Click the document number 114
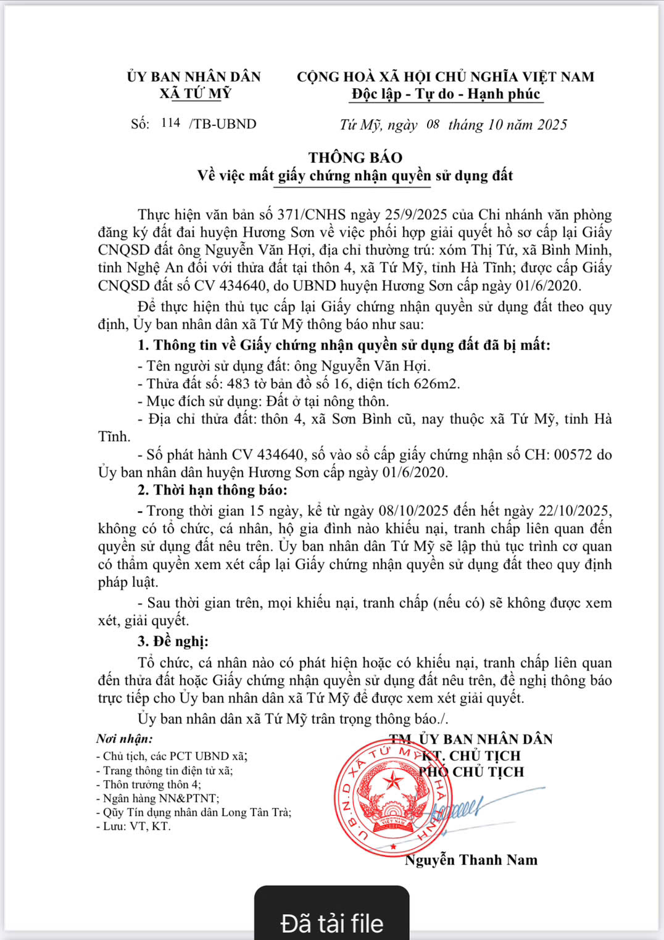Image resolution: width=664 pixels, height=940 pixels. coord(170,123)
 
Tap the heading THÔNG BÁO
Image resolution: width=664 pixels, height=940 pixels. coord(355,157)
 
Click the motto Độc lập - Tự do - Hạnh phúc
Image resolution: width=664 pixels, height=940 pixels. coord(446,94)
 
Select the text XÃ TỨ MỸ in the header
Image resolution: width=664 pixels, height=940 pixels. coord(195,93)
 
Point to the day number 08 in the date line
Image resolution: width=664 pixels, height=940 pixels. coord(433,124)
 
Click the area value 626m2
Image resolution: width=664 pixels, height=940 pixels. coord(436,384)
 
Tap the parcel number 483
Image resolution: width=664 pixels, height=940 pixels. coord(238,384)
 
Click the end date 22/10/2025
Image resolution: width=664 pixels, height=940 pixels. coord(574,511)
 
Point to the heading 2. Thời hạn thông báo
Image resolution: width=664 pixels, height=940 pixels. coord(212,490)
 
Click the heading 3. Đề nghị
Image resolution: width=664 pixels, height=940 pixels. coord(173,641)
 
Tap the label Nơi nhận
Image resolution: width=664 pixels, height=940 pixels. coord(125,739)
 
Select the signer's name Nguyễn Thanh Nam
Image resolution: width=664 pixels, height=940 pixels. coord(471,860)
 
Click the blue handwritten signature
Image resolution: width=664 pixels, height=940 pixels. coord(469,805)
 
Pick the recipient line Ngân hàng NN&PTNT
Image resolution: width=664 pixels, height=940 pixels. coord(157,798)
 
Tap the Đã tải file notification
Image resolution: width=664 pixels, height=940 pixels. coord(332,922)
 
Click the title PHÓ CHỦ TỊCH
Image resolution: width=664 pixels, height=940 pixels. coord(471,772)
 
